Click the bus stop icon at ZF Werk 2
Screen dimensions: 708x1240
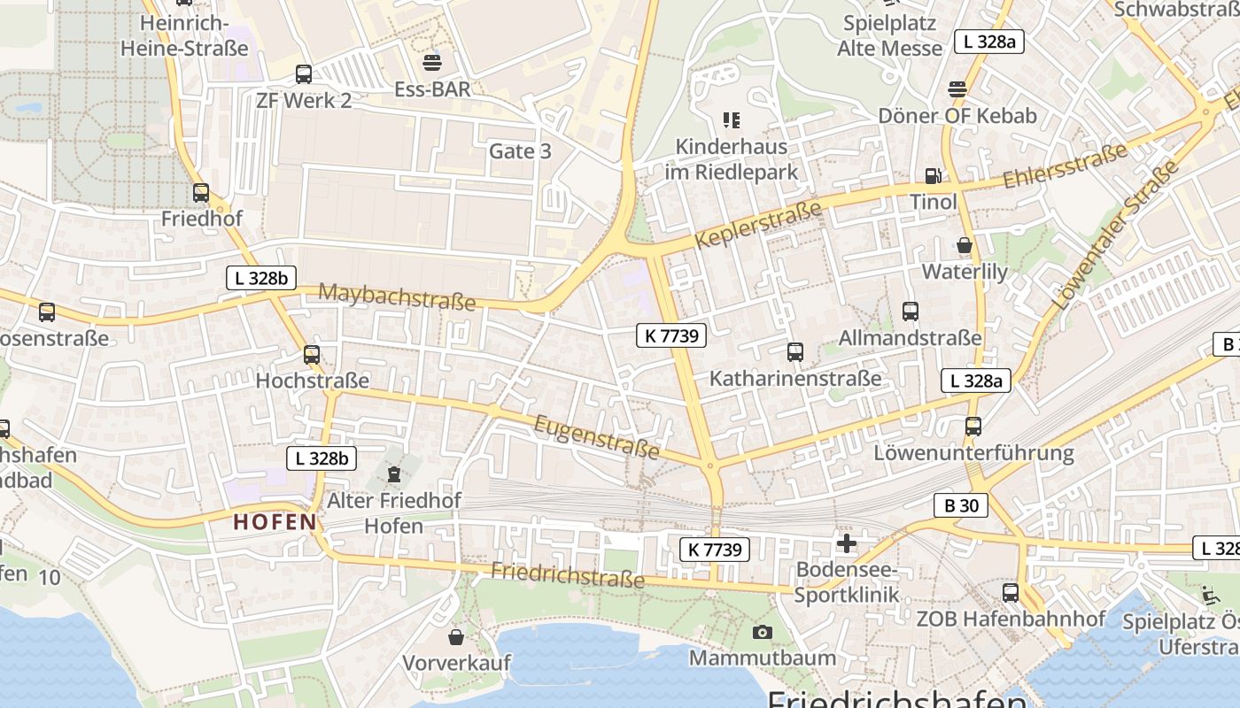pos(304,74)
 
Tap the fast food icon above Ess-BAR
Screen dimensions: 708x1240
pos(432,62)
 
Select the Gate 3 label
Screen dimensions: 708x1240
pos(520,151)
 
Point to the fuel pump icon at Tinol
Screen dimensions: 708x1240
pos(933,176)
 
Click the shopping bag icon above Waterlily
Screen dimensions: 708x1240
pos(965,245)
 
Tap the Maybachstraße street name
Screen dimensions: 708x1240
pos(397,296)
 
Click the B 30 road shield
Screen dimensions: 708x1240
pos(961,505)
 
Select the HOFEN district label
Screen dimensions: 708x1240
pos(275,522)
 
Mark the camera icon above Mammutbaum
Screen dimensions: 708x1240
pos(762,632)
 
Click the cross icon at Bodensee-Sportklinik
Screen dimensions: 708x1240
pos(847,543)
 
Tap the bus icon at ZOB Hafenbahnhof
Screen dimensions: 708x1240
pos(1011,592)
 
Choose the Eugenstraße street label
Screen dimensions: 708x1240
pos(597,437)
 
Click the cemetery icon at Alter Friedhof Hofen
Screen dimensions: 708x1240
pos(394,474)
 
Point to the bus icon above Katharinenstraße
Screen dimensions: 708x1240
pos(795,352)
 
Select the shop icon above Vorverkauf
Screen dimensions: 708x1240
pos(456,637)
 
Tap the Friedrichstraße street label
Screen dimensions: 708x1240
pos(568,575)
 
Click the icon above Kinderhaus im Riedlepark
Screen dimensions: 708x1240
pos(731,119)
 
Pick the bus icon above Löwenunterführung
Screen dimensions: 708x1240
pos(973,427)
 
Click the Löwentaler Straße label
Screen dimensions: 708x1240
pos(1117,234)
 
